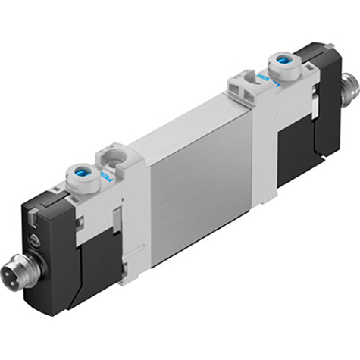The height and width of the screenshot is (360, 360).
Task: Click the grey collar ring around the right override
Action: pos(284,63)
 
